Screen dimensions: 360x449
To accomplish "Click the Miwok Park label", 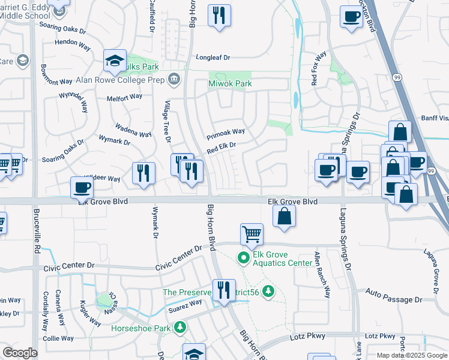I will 230,83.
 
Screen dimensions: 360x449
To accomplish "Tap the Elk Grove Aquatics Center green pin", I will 243,259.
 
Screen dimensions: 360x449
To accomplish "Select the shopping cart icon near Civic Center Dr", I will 252,234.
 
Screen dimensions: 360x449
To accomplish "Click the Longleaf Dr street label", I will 213,58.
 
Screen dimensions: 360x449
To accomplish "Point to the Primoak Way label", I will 226,132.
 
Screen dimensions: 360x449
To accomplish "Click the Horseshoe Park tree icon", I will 179,328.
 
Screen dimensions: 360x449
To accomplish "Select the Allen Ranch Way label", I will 322,275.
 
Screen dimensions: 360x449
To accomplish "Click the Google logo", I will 20,353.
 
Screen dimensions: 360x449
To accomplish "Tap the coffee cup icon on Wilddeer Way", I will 81,187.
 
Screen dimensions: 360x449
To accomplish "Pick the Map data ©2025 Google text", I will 411,355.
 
